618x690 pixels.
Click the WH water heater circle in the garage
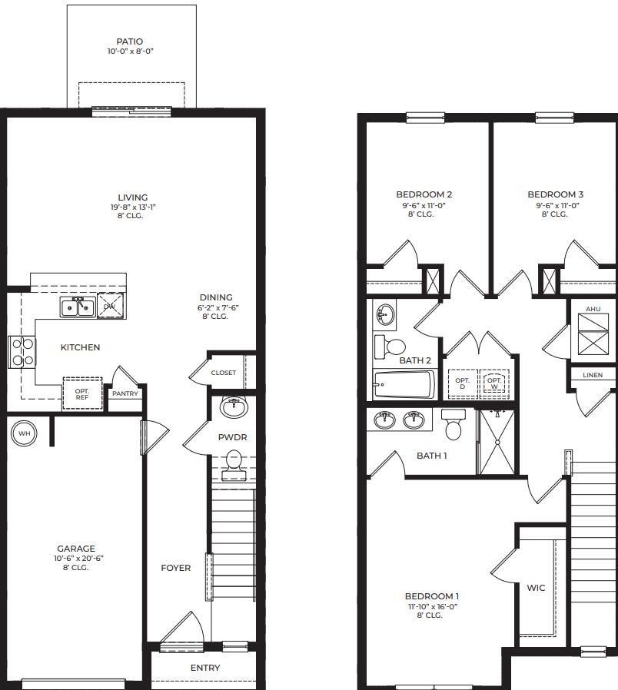[x=24, y=433]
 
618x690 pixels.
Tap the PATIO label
[x=129, y=41]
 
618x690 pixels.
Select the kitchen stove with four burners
[x=22, y=351]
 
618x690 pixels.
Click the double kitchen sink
[x=78, y=307]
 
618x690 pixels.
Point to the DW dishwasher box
[x=109, y=306]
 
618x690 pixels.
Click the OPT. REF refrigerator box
[x=81, y=393]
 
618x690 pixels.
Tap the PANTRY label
[x=125, y=393]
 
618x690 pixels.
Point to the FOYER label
[x=175, y=568]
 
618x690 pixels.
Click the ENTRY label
[x=204, y=668]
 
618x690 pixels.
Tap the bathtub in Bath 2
[x=404, y=384]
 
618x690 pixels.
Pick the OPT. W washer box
[x=494, y=383]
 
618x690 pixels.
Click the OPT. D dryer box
[x=462, y=383]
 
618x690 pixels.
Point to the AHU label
[x=593, y=309]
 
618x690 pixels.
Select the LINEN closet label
[x=593, y=375]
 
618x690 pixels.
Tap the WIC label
[x=536, y=588]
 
